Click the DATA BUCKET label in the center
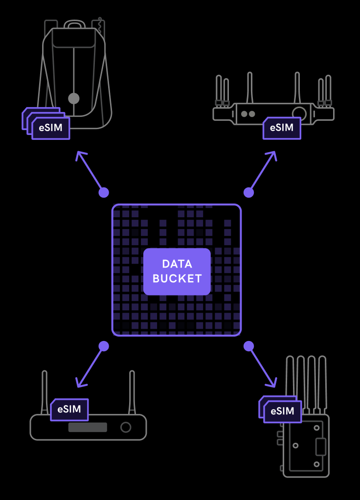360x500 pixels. coord(177,272)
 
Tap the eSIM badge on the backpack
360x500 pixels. coord(50,128)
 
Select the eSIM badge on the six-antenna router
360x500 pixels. coord(282,128)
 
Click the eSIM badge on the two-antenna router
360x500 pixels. coord(69,409)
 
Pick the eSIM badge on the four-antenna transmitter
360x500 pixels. coord(282,411)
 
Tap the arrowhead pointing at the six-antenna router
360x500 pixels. coord(273,155)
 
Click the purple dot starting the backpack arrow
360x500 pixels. coord(104,192)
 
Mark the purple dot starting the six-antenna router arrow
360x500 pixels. coord(249,192)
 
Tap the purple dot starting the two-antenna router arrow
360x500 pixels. coord(104,346)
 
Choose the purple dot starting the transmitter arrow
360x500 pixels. coord(249,346)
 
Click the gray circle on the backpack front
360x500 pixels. coord(74,98)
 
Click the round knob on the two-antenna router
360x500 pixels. coord(126,427)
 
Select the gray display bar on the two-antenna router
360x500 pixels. coord(88,427)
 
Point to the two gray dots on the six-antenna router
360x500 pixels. coord(248,114)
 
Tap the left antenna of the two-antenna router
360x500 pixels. coord(45,391)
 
